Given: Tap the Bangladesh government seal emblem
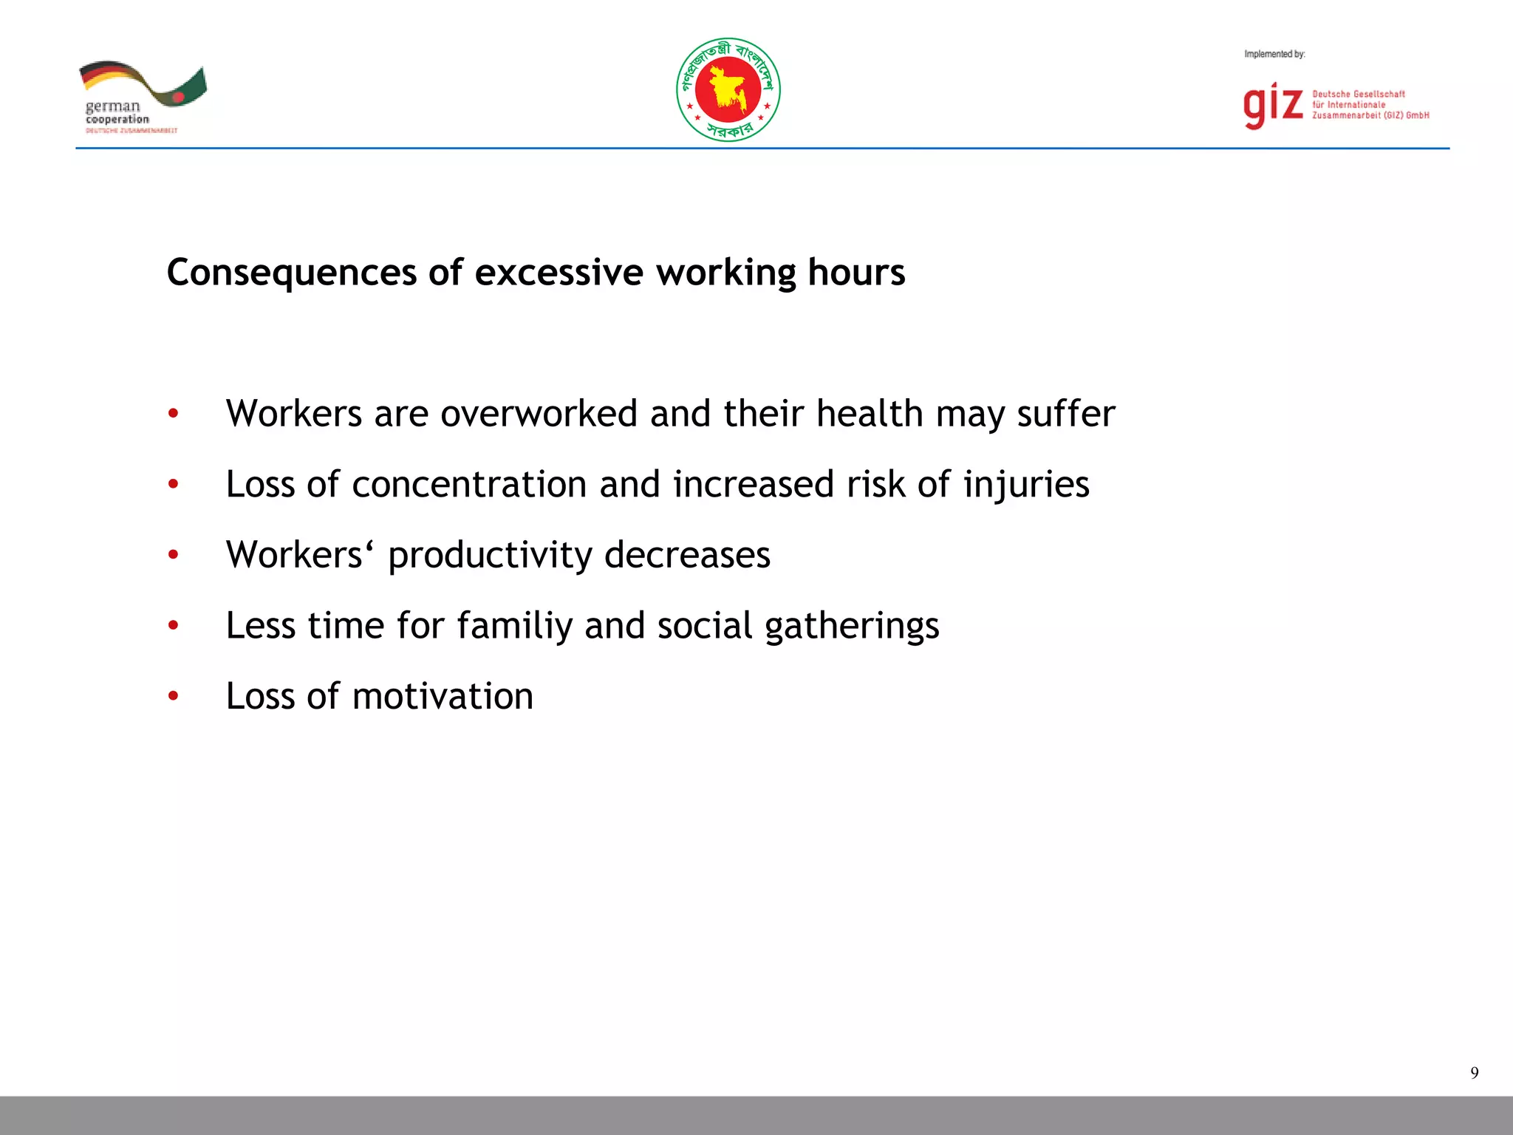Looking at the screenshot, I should (x=728, y=90).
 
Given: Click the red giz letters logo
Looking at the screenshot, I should (x=1272, y=106).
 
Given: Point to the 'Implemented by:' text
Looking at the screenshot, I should (x=1274, y=54).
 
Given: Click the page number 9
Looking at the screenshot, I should (x=1474, y=1073).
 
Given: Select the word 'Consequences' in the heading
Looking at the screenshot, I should (x=292, y=273).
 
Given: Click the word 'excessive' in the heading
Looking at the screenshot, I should (x=559, y=273).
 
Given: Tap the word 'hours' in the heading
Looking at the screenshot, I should (x=856, y=273).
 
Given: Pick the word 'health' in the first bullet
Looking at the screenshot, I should (x=870, y=413).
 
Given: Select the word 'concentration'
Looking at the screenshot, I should (x=469, y=484).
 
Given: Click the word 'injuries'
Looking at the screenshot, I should (x=1026, y=485).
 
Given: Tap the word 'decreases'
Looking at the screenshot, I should (x=687, y=555).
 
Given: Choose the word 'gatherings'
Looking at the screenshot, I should (x=852, y=627).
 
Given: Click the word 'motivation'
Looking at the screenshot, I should (x=443, y=696).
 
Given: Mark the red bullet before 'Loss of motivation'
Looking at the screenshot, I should (x=174, y=695).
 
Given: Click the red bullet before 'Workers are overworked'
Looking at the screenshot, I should (x=174, y=413).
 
